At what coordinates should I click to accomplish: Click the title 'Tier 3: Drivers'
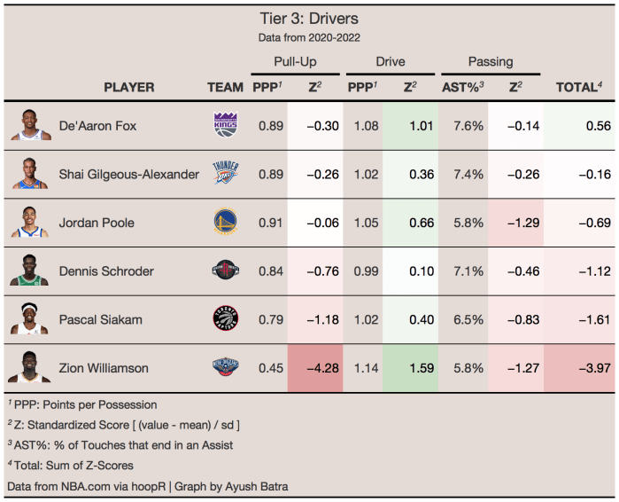point(309,19)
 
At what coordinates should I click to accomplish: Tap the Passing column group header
point(490,62)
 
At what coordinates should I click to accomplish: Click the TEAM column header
point(225,87)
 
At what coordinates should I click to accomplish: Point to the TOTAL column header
point(578,87)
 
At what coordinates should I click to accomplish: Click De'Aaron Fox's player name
point(97,126)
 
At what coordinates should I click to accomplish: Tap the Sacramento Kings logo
point(226,126)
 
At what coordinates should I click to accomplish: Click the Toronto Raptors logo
point(226,319)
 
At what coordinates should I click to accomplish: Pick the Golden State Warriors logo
point(226,223)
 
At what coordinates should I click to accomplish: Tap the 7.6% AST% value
point(462,126)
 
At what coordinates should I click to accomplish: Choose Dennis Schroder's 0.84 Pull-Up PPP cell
point(270,271)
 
